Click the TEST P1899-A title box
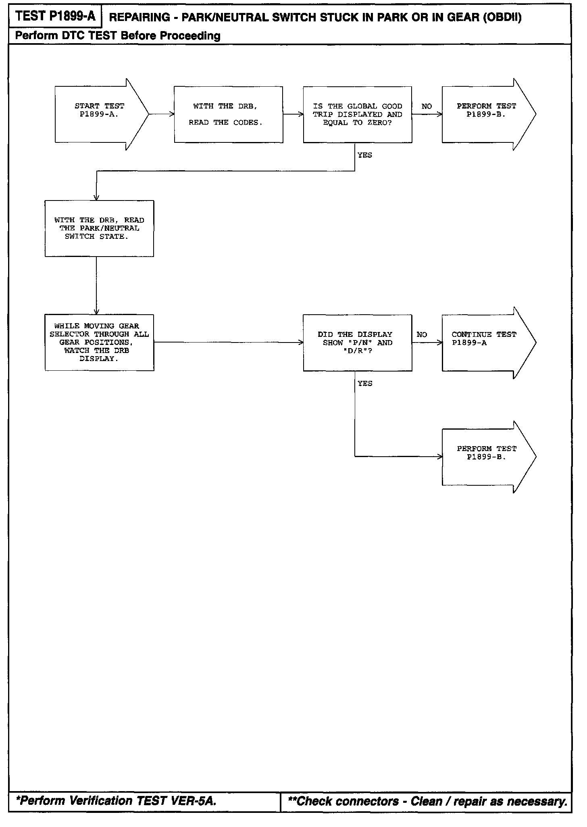click(x=55, y=16)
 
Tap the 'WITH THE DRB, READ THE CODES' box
click(x=228, y=114)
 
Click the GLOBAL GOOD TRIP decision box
click(x=357, y=114)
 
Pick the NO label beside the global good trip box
click(x=427, y=107)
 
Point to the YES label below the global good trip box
click(x=364, y=155)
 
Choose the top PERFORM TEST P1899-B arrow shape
click(x=486, y=114)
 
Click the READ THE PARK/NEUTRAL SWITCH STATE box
click(x=99, y=228)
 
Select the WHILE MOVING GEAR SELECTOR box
click(x=99, y=342)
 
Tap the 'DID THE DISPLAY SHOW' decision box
click(x=357, y=342)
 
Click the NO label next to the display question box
click(x=422, y=335)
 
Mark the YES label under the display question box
click(x=364, y=384)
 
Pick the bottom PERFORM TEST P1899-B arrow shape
click(x=486, y=457)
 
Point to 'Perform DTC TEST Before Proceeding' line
click(x=118, y=36)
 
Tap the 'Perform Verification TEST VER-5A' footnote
click(x=116, y=801)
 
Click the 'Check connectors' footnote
click(x=427, y=801)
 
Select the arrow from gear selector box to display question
click(x=228, y=342)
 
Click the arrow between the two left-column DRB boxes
click(x=96, y=285)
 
